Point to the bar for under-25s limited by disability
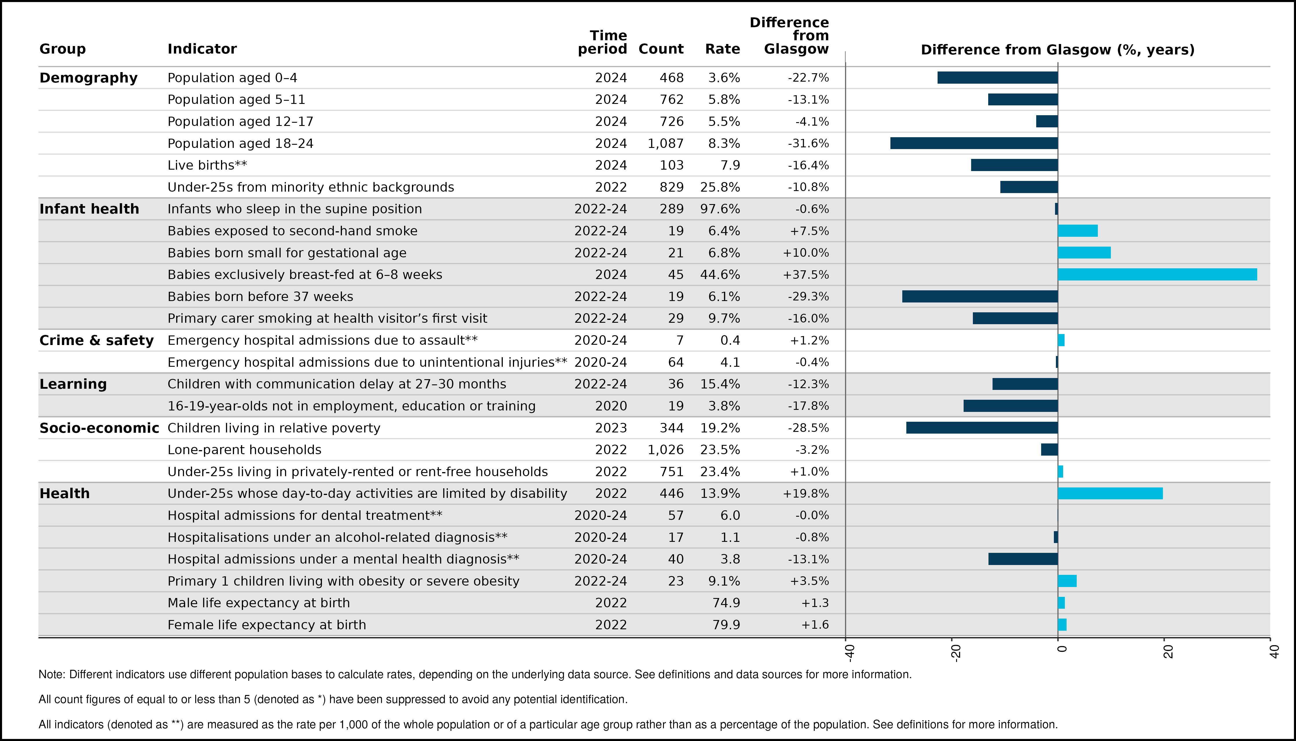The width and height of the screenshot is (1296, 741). click(1110, 494)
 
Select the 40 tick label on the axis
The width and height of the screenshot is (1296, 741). click(1274, 652)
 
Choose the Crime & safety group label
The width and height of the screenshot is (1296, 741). click(97, 340)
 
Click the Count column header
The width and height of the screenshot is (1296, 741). click(661, 49)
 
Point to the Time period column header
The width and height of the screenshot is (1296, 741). click(603, 42)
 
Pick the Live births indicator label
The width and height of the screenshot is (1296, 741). click(207, 165)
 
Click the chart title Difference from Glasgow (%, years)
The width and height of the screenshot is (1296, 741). click(1058, 50)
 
